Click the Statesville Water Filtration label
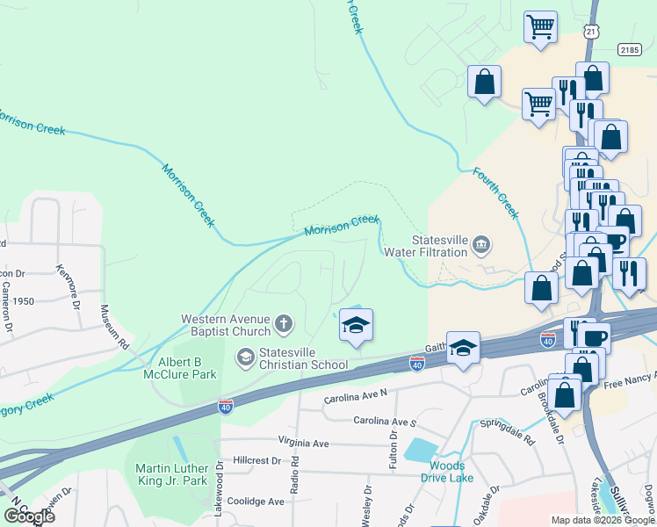(440, 246)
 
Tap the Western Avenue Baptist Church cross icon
(283, 325)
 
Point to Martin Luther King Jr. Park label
(171, 473)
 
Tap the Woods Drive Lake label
(447, 472)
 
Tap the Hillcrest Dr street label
(256, 460)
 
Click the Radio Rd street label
(295, 473)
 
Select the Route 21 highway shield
(592, 32)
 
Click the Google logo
(28, 516)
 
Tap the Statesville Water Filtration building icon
(480, 243)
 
